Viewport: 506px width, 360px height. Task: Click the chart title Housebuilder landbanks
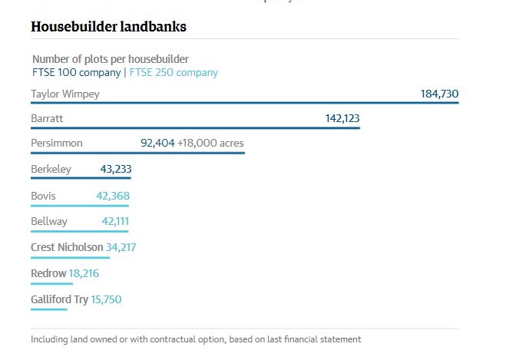[x=108, y=27]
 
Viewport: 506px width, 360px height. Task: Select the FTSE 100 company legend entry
[x=76, y=73]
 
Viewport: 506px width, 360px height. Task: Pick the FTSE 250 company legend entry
[x=174, y=73]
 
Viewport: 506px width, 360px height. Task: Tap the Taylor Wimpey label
[x=65, y=94]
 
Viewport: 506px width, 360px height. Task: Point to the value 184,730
[x=439, y=94]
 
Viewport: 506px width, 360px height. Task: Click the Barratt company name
[x=47, y=119]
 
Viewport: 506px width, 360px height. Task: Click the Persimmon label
[x=57, y=144]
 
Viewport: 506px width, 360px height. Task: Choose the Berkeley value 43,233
[x=116, y=170]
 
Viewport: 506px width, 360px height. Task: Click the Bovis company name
[x=43, y=197]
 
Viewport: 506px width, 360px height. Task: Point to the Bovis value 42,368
[x=113, y=197]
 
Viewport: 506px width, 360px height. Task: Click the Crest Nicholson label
[x=67, y=247]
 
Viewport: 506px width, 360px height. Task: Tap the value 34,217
[x=121, y=247]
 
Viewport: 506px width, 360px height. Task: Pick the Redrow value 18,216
[x=84, y=273]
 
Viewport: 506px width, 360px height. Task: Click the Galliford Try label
[x=59, y=299]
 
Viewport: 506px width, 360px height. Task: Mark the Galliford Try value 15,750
[x=106, y=299]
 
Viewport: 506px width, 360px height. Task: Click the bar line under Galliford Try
[x=49, y=309]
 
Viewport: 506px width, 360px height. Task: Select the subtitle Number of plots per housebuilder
[x=111, y=59]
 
